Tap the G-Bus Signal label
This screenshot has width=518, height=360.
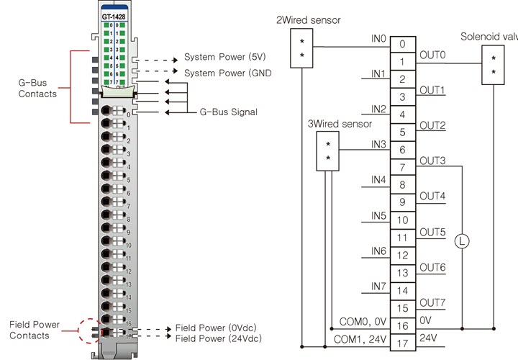point(227,112)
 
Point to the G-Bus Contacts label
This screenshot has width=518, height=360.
point(37,89)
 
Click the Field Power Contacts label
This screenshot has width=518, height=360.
point(34,330)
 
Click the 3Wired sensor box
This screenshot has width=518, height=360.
point(328,150)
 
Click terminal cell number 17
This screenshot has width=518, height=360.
point(402,343)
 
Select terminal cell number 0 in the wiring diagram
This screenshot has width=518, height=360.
point(402,45)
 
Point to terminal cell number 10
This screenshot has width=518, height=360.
point(402,220)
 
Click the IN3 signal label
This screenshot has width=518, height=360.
point(378,144)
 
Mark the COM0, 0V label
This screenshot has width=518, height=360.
point(360,320)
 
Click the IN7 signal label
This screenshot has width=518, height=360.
point(378,286)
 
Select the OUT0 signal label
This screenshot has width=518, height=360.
point(432,55)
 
